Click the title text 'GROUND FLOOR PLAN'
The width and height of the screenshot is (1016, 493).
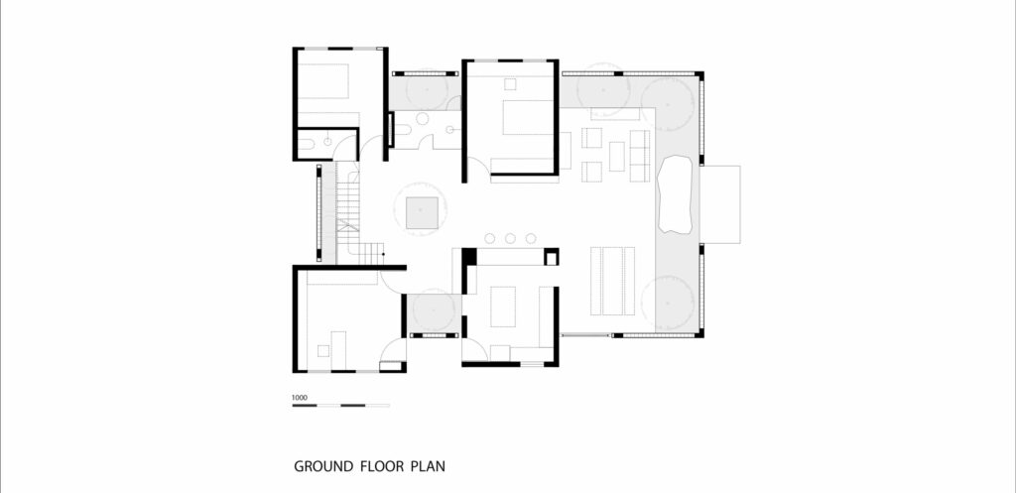tap(369, 466)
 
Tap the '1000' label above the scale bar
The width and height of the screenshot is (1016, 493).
tap(299, 398)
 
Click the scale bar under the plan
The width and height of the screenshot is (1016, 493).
tap(341, 406)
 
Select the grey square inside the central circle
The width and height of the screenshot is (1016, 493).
tap(422, 212)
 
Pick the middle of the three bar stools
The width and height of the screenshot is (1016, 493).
tap(510, 238)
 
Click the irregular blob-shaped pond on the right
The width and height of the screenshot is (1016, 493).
tap(676, 194)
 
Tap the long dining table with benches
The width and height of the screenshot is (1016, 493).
tap(612, 281)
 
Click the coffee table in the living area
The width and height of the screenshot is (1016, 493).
tap(617, 156)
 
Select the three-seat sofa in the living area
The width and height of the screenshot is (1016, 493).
tap(640, 156)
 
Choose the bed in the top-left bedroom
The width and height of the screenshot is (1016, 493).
tap(323, 81)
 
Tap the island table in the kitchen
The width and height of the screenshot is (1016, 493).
tap(503, 308)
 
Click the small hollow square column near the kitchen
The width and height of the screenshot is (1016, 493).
tap(552, 258)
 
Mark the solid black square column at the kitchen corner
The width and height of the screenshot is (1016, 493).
tap(468, 256)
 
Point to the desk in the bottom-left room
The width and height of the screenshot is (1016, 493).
tap(338, 350)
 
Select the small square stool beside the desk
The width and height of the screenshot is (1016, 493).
tap(323, 350)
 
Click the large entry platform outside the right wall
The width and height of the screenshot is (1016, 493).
tap(720, 204)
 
